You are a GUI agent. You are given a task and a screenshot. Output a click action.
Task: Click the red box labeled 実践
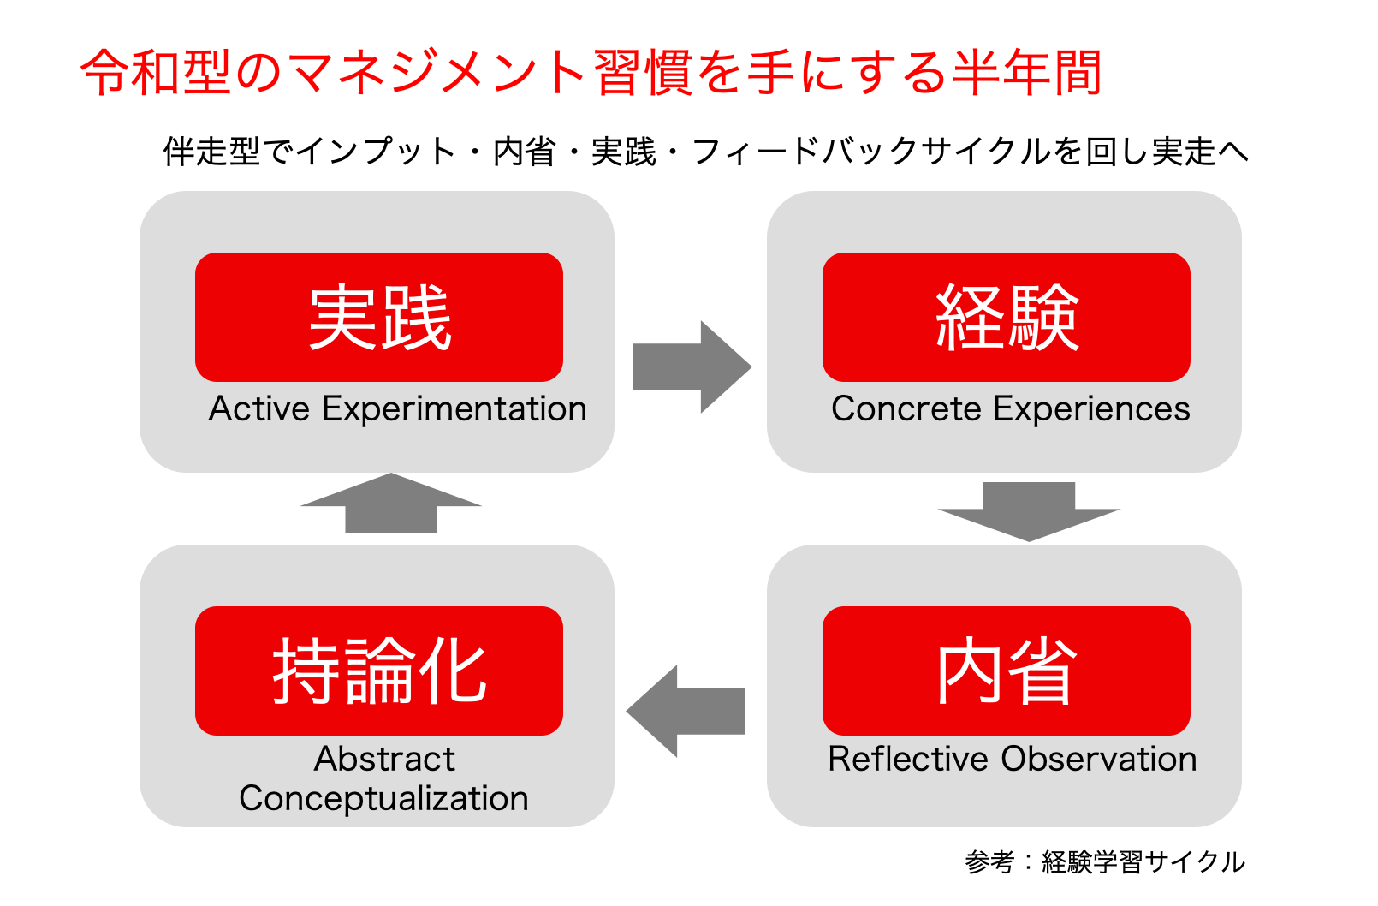point(379,317)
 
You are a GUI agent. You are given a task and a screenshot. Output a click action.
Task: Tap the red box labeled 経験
point(1006,317)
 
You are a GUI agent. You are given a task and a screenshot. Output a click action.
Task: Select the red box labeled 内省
point(1006,671)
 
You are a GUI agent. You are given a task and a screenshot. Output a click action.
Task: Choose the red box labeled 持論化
point(379,671)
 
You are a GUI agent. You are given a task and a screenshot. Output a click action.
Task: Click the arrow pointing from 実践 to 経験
point(690,367)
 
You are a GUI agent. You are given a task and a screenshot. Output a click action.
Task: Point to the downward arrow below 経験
point(1029,510)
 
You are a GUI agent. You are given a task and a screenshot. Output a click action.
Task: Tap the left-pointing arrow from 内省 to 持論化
point(686,711)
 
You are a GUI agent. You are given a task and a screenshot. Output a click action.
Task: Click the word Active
point(259,409)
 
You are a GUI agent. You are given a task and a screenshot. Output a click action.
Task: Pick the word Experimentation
point(454,409)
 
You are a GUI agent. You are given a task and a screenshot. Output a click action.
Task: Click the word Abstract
point(384,760)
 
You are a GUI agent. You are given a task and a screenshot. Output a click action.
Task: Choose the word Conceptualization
point(383,798)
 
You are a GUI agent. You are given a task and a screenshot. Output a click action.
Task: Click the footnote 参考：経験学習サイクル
point(1104,861)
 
